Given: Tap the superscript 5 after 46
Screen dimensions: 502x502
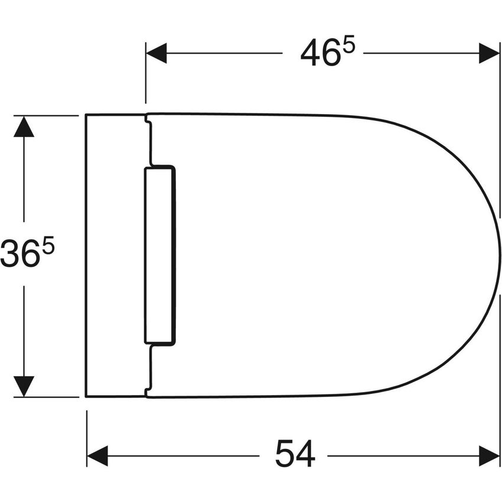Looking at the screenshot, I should (x=348, y=46).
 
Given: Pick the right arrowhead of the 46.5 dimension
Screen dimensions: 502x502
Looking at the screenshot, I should (x=490, y=53).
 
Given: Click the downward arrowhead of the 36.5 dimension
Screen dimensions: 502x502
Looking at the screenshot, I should (x=24, y=386).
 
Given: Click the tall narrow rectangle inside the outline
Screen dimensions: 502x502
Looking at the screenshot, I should (x=159, y=255).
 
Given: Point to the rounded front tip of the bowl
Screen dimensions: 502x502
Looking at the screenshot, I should (x=499, y=255).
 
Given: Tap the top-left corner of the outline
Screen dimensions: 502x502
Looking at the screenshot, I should (x=86, y=115).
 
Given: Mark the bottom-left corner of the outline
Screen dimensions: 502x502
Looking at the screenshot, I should (x=86, y=396).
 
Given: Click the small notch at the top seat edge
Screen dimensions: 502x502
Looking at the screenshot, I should (x=149, y=121).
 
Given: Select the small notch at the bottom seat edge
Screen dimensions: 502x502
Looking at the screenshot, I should (x=149, y=390).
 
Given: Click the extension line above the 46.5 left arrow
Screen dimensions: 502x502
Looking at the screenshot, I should (x=146, y=77).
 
